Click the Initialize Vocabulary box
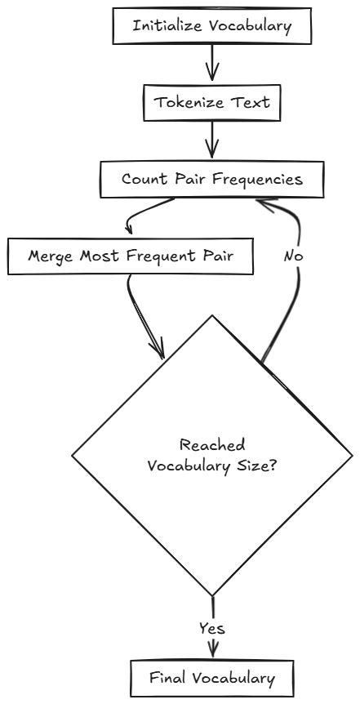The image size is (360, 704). pos(212,25)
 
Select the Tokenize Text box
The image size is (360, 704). pos(212,104)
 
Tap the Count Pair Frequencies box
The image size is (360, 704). pos(212,179)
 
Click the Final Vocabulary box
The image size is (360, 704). pos(212,678)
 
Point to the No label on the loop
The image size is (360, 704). pos(295,256)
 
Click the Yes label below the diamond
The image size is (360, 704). pos(212,629)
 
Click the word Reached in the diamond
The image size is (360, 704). pos(212,446)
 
